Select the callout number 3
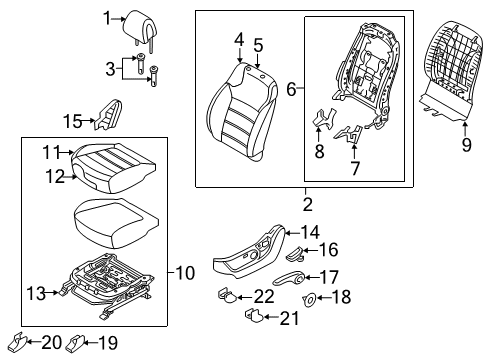pyautogui.click(x=112, y=68)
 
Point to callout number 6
pyautogui.click(x=292, y=89)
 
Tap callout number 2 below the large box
pyautogui.click(x=307, y=204)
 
